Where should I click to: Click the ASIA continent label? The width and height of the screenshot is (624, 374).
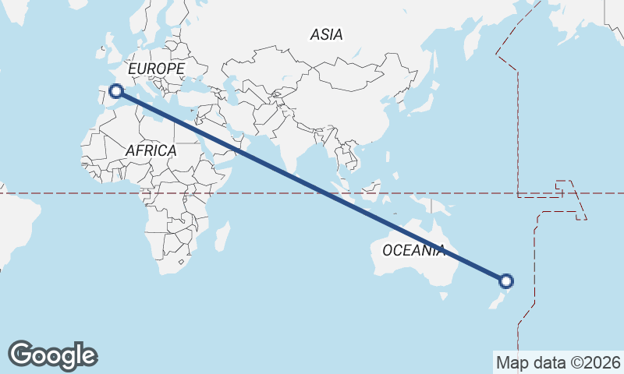click(x=326, y=34)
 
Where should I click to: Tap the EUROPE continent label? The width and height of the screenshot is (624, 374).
click(x=156, y=69)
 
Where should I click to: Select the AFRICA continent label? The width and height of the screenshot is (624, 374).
click(x=151, y=150)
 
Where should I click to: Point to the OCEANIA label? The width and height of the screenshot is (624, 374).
click(x=413, y=250)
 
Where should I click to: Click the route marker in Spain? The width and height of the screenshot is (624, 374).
click(x=116, y=91)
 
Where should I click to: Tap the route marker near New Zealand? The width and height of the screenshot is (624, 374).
click(x=506, y=281)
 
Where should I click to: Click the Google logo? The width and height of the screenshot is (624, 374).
click(x=52, y=355)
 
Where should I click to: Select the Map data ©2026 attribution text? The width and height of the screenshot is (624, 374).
click(x=558, y=362)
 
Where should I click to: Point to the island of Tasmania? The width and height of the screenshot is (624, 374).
click(x=443, y=295)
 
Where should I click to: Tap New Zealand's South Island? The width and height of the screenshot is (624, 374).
click(x=495, y=302)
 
